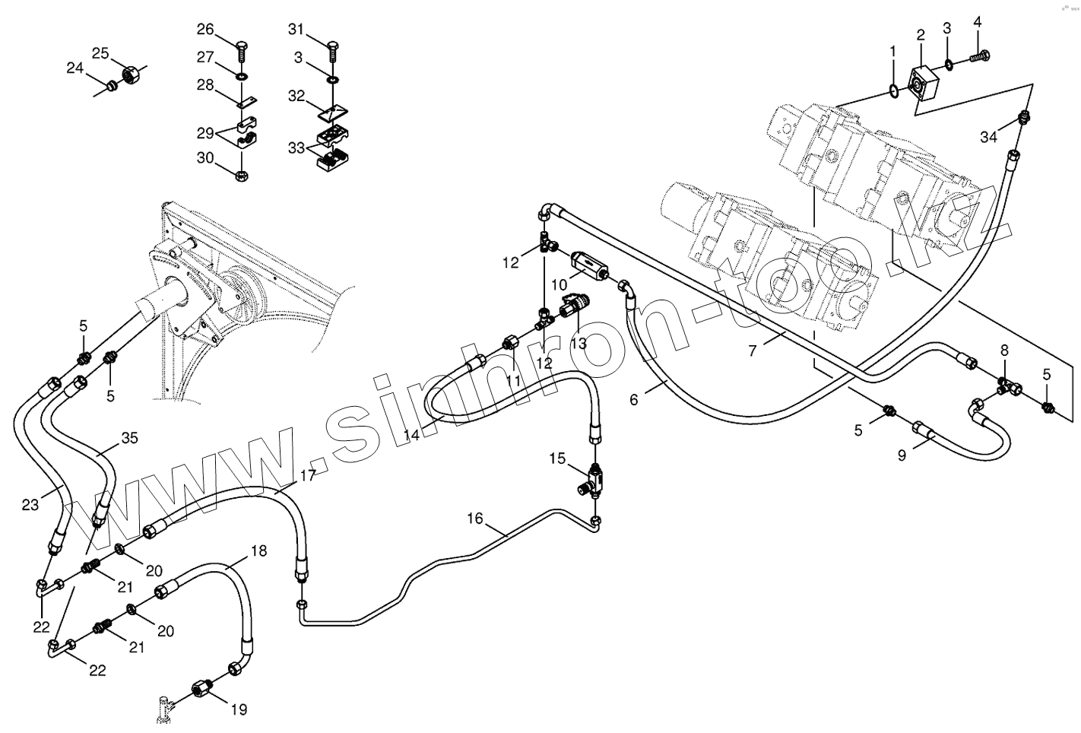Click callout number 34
point(987,137)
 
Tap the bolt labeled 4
point(981,55)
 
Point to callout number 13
point(578,343)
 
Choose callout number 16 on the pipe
point(474,519)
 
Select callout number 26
point(205,30)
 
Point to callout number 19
point(239,710)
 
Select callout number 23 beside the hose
point(30,505)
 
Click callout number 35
point(130,437)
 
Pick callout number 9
point(902,456)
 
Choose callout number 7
point(753,351)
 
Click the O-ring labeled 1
point(895,93)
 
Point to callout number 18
point(258,551)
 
